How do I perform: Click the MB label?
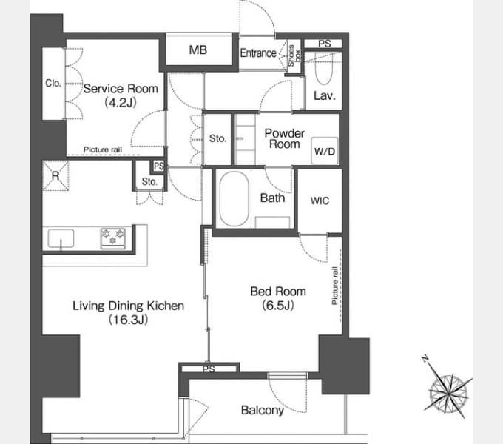pyautogui.click(x=198, y=50)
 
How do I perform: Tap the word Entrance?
pyautogui.click(x=258, y=53)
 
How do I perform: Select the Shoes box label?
pyautogui.click(x=294, y=55)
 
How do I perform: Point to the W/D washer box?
pyautogui.click(x=325, y=151)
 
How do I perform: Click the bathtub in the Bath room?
pyautogui.click(x=234, y=199)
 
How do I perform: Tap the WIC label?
pyautogui.click(x=320, y=201)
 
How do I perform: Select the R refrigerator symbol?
pyautogui.click(x=55, y=175)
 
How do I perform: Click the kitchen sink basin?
pyautogui.click(x=61, y=238)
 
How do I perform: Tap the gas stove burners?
pyautogui.click(x=113, y=238)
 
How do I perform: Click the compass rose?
pyautogui.click(x=448, y=394)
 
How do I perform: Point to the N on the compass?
pyautogui.click(x=425, y=358)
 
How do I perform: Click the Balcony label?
pyautogui.click(x=263, y=410)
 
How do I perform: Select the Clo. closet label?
pyautogui.click(x=53, y=84)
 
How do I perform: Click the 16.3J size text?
pyautogui.click(x=128, y=320)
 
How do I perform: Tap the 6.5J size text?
pyautogui.click(x=278, y=305)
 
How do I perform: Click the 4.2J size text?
pyautogui.click(x=121, y=102)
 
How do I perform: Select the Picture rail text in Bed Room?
pyautogui.click(x=335, y=286)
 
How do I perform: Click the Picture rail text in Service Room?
pyautogui.click(x=103, y=149)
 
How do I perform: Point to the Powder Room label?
pyautogui.click(x=285, y=138)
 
